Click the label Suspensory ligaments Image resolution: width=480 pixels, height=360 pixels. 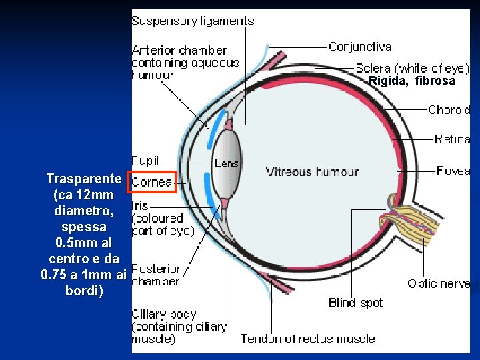(x=193, y=21)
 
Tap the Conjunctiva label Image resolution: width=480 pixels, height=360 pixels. (x=360, y=47)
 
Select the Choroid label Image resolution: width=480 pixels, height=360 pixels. (x=449, y=110)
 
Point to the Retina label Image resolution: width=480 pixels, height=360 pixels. (x=452, y=139)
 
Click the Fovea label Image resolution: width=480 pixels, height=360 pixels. (x=453, y=171)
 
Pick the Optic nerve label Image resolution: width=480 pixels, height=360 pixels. (x=439, y=284)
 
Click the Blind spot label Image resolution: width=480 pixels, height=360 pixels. (x=355, y=303)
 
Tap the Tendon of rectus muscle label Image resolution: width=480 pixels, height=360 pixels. (x=307, y=339)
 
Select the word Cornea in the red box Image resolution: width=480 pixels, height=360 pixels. (x=152, y=182)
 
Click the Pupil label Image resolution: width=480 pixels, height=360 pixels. (x=145, y=161)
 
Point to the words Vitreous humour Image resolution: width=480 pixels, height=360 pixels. (x=312, y=172)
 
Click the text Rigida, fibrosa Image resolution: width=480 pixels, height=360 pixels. (x=412, y=81)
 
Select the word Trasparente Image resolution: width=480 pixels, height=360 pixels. (x=83, y=179)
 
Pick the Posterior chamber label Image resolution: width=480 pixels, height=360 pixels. (x=156, y=275)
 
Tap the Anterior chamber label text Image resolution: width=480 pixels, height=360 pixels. (x=185, y=63)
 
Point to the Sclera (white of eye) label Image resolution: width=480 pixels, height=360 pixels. (x=412, y=68)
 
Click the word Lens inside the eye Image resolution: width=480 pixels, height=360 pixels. (x=227, y=163)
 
